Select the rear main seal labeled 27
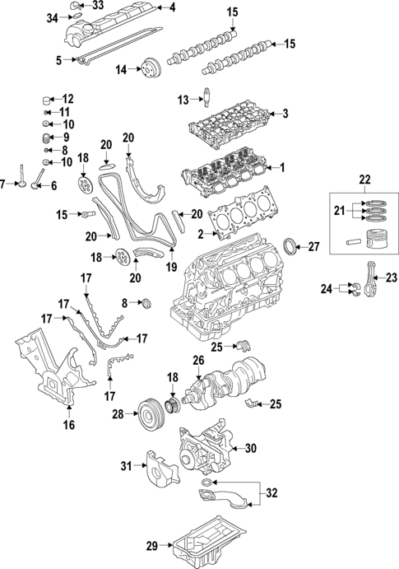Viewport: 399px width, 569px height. click(x=289, y=246)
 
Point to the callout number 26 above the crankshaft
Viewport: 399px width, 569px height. click(x=197, y=360)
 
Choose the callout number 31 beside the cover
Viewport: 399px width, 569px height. click(x=127, y=466)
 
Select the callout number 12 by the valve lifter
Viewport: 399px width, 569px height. click(x=67, y=98)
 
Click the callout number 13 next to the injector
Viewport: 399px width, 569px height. click(x=183, y=100)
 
